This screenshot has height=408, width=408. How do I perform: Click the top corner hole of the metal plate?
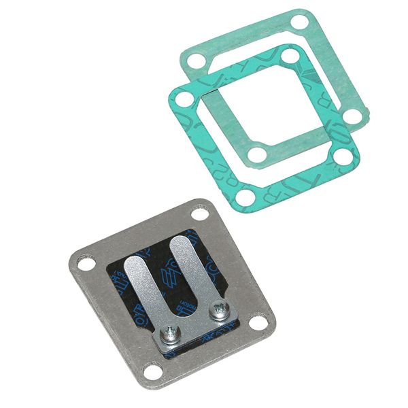click(199, 214)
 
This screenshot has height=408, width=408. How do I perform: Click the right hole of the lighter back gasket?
click(352, 116)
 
